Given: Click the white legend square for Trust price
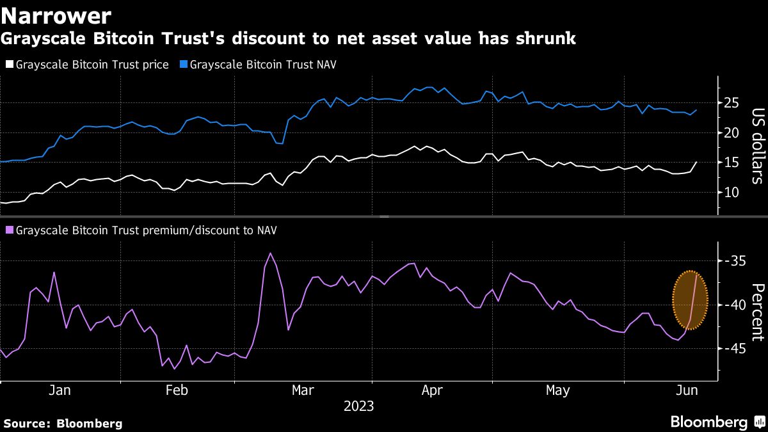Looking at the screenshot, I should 9,65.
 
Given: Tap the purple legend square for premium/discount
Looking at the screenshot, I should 9,229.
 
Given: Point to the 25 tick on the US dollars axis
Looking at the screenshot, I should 732,103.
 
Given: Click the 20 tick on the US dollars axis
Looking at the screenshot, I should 732,133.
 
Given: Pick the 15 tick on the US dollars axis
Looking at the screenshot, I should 732,163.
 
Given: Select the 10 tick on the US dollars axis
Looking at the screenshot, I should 732,193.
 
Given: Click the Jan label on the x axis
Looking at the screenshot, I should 60,391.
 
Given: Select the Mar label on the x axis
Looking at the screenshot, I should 303,391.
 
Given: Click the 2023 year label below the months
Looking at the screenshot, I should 359,406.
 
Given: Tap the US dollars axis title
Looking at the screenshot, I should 757,146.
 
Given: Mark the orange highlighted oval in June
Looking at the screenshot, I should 690,301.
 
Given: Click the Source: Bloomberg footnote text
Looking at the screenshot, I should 63,423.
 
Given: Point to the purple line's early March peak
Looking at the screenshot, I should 270,253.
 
